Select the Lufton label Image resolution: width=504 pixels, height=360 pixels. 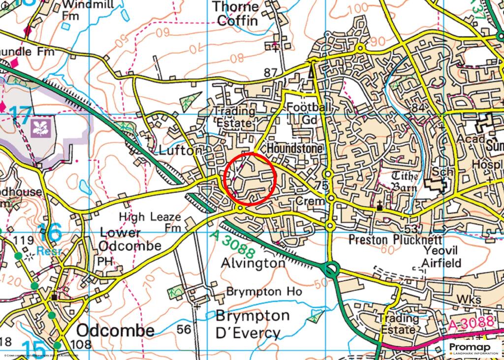point(178,150)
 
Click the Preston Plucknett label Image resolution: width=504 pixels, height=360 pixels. point(386,240)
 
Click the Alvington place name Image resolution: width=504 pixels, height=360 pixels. point(253,263)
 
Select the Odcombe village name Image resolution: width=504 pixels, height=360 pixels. point(115,330)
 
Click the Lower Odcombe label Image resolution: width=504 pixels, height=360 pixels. point(130,239)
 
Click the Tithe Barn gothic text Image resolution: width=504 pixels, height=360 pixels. point(405,181)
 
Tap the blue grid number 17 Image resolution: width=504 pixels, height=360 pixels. point(20,114)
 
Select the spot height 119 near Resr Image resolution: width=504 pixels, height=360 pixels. point(25,240)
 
